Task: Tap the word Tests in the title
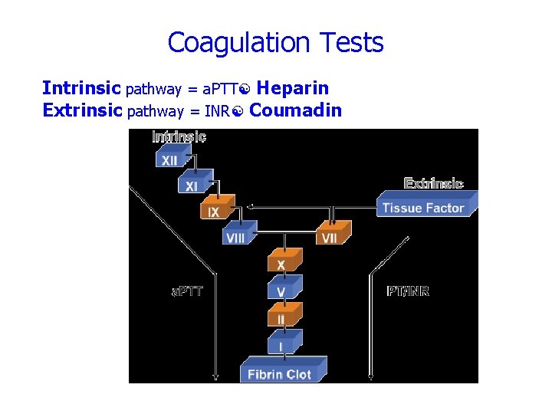[x=347, y=42]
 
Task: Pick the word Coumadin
[x=296, y=110]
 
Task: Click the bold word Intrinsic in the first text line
[x=81, y=88]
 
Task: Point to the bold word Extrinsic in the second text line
[x=82, y=110]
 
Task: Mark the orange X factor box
[x=282, y=263]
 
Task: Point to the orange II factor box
[x=282, y=317]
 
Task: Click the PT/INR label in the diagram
[x=408, y=291]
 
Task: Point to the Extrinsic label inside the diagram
[x=433, y=183]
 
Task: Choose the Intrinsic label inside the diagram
[x=179, y=137]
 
